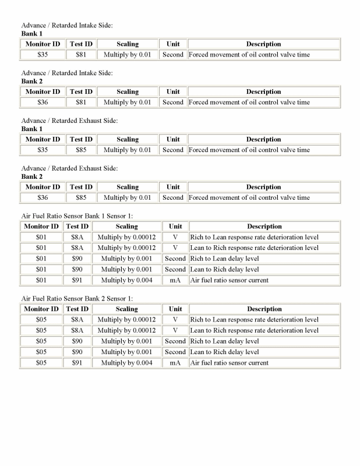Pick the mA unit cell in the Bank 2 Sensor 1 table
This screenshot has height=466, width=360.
coord(175,363)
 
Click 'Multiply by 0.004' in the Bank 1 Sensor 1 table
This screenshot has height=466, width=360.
coord(126,280)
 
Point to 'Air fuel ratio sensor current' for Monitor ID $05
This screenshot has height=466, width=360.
coord(229,363)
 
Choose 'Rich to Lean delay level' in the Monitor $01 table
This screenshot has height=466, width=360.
coord(224,259)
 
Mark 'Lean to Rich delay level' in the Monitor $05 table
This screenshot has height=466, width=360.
coord(224,352)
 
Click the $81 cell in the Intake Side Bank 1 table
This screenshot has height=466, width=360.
coord(81,55)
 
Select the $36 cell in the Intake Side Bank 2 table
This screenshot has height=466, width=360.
coord(42,103)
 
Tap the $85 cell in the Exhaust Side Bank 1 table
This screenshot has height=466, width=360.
coord(81,150)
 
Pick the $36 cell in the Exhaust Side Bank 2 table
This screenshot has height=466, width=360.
coord(42,197)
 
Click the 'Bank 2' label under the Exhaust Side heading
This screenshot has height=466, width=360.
coord(32,176)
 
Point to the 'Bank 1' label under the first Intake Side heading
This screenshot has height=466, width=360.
coord(32,34)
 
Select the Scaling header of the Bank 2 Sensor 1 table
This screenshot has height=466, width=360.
coord(126,309)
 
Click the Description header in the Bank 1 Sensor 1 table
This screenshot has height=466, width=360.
coord(264,227)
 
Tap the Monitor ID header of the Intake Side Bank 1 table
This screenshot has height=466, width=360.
coord(42,44)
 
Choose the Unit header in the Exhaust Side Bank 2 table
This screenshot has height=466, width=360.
coord(173,187)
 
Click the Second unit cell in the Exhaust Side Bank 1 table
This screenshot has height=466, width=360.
coord(173,150)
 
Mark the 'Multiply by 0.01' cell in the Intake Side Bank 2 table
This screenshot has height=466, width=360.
coord(127,103)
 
